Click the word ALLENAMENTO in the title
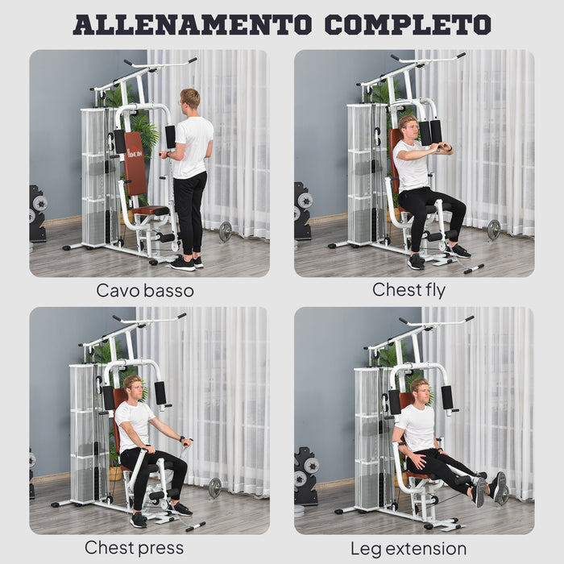(x=192, y=24)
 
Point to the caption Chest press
(x=134, y=548)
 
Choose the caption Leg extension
(x=408, y=548)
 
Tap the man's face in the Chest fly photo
(x=409, y=129)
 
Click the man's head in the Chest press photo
(x=132, y=387)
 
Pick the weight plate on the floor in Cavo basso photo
(x=225, y=231)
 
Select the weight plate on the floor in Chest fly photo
(x=493, y=230)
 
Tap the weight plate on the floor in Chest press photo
(x=214, y=487)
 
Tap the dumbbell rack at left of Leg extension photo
(x=306, y=475)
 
